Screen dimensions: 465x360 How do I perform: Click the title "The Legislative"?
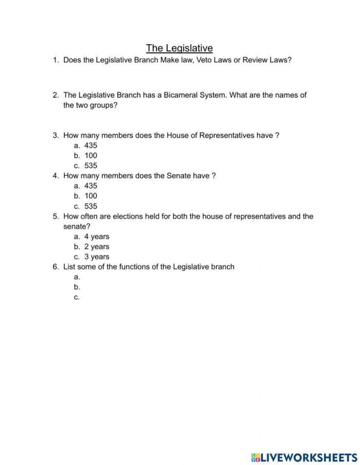[x=179, y=48]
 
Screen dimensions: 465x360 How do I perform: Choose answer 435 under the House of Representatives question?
[x=91, y=146]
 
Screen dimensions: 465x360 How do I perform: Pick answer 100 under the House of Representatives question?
[x=91, y=155]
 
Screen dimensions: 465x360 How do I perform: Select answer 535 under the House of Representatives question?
[x=91, y=166]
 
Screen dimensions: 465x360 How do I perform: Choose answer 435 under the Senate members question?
[x=91, y=186]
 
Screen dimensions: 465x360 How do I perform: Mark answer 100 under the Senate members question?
[x=91, y=195]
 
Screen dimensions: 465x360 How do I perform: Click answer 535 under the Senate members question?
[x=91, y=206]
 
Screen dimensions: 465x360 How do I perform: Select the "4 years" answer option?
[x=97, y=237]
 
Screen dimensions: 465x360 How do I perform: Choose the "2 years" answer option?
[x=97, y=246]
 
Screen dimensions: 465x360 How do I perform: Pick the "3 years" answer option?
[x=97, y=257]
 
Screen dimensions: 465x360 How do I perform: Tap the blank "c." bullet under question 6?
[x=77, y=297]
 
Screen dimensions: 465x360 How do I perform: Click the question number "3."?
[x=56, y=135]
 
